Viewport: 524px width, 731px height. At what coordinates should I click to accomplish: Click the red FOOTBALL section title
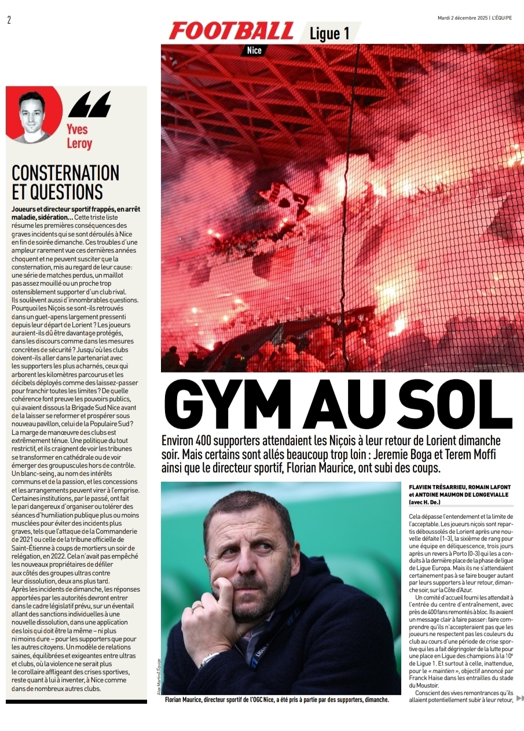[231, 31]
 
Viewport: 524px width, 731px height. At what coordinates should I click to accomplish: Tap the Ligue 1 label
[329, 33]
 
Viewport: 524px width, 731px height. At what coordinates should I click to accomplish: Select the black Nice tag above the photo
[254, 50]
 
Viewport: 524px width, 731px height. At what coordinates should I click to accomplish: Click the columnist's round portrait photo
[33, 115]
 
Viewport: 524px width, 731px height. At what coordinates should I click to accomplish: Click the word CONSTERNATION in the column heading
[65, 173]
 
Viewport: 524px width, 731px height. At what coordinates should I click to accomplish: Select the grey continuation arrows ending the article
[519, 699]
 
